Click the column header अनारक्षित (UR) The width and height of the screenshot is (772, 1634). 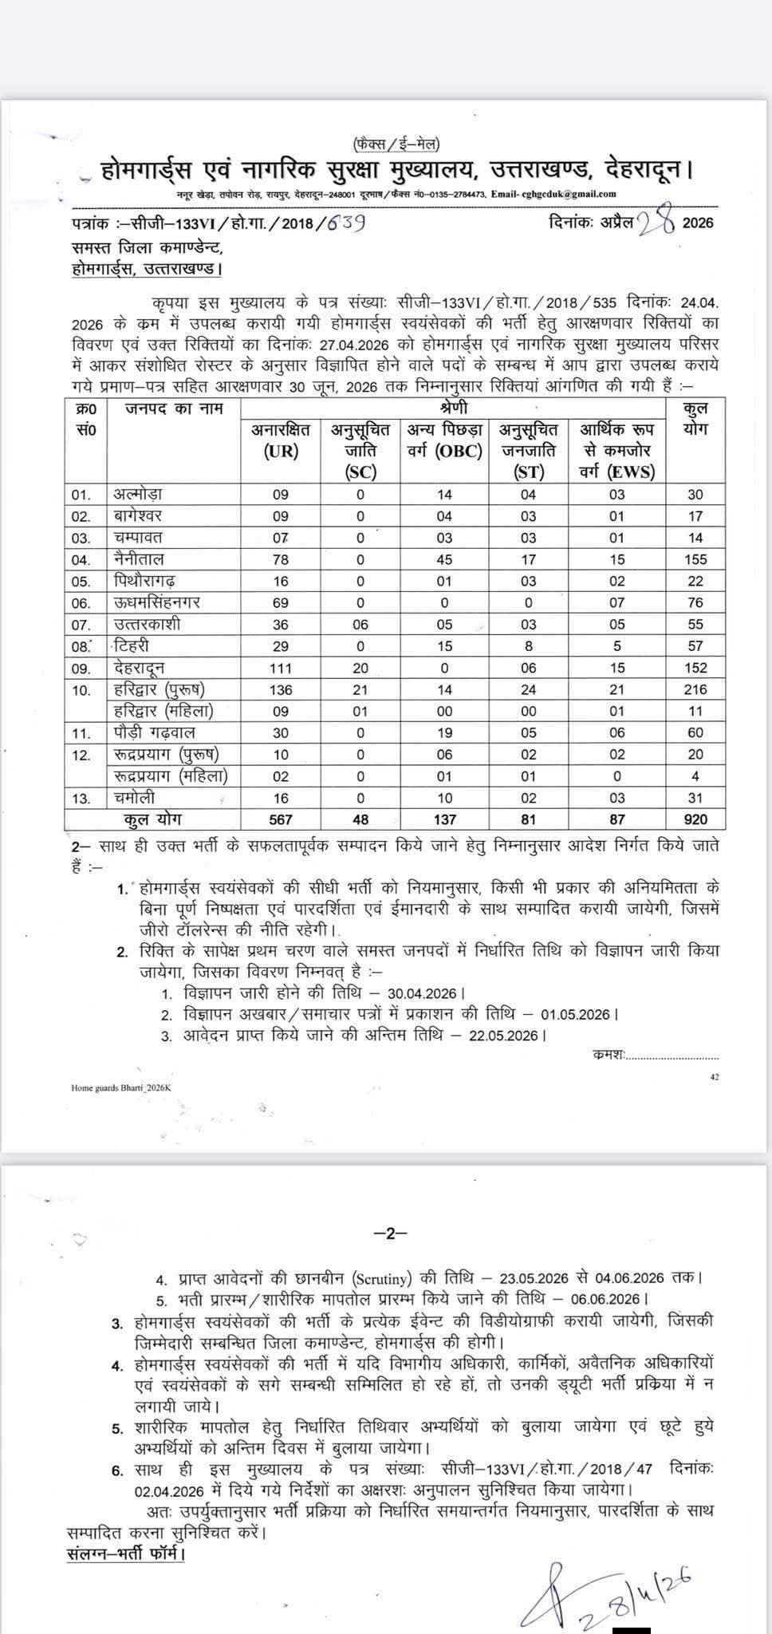281,440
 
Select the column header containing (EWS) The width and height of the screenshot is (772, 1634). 616,450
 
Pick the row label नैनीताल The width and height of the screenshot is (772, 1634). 139,559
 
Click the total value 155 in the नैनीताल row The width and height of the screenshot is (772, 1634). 695,559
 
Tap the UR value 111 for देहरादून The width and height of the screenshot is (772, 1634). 281,668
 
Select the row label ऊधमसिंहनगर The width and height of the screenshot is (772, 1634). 156,602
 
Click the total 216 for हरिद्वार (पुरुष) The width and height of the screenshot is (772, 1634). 695,689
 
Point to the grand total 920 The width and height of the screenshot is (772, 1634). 695,819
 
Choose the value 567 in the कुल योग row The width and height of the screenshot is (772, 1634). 281,819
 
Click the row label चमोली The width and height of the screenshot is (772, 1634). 134,797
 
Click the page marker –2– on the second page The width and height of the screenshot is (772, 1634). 390,1233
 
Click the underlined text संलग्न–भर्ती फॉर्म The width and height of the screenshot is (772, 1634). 125,1555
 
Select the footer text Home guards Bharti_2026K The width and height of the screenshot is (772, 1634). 116,1087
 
